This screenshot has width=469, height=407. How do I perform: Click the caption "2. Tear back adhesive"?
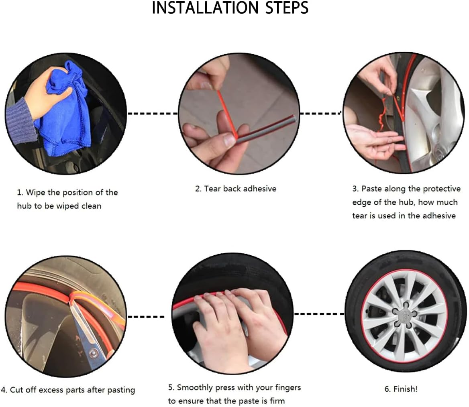pos(236,189)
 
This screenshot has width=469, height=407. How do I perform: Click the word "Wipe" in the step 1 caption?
pos(35,192)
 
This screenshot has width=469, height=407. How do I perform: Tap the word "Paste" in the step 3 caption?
pos(372,189)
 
